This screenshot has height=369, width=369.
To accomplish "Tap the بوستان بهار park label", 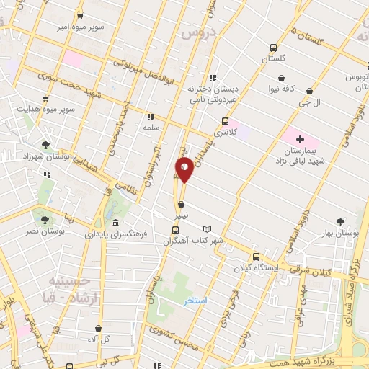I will [x=342, y=234].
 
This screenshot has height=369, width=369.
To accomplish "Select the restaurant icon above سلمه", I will [x=150, y=115].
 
